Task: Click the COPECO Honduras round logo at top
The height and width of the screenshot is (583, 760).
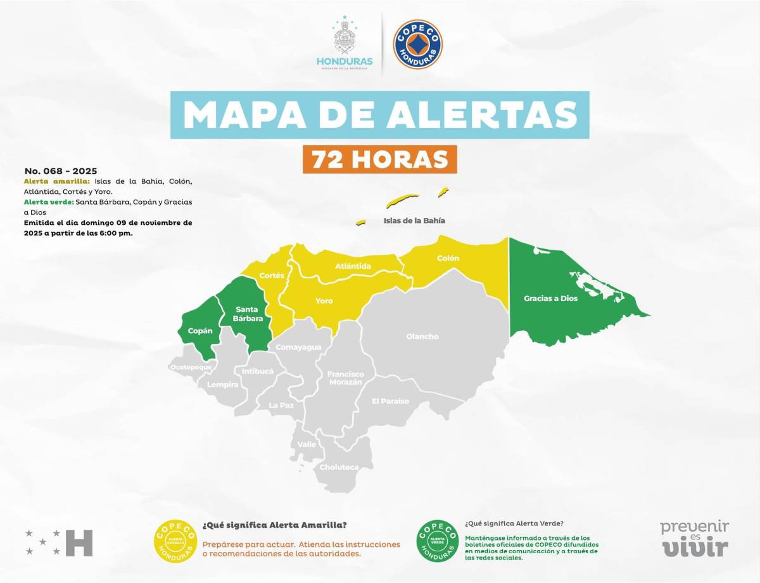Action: coord(418,44)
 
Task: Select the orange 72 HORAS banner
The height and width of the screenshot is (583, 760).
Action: coord(379,159)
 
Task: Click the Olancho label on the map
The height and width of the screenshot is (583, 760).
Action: coord(422,336)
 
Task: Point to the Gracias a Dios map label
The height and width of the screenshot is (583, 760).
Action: coord(550,298)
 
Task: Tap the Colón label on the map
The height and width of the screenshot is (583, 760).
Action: coord(448,259)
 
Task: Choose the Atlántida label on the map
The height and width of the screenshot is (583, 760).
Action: coord(353,266)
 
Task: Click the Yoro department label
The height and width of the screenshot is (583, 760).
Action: coord(324,301)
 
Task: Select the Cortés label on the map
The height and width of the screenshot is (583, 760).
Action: coord(272,276)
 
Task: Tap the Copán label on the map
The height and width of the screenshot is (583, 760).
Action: coord(199,331)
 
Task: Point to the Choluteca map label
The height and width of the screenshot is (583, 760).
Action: coord(339,467)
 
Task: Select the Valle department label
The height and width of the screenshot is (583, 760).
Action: coord(307,444)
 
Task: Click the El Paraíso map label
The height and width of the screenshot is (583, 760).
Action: coord(390,401)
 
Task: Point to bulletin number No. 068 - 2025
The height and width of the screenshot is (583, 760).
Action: coord(61,171)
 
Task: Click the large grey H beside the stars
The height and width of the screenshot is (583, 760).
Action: coord(79,542)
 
